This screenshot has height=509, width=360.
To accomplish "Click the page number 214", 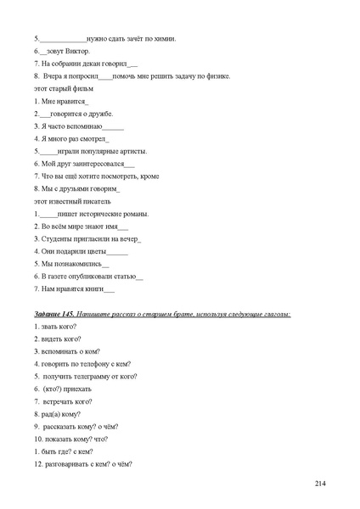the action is click(x=319, y=483).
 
